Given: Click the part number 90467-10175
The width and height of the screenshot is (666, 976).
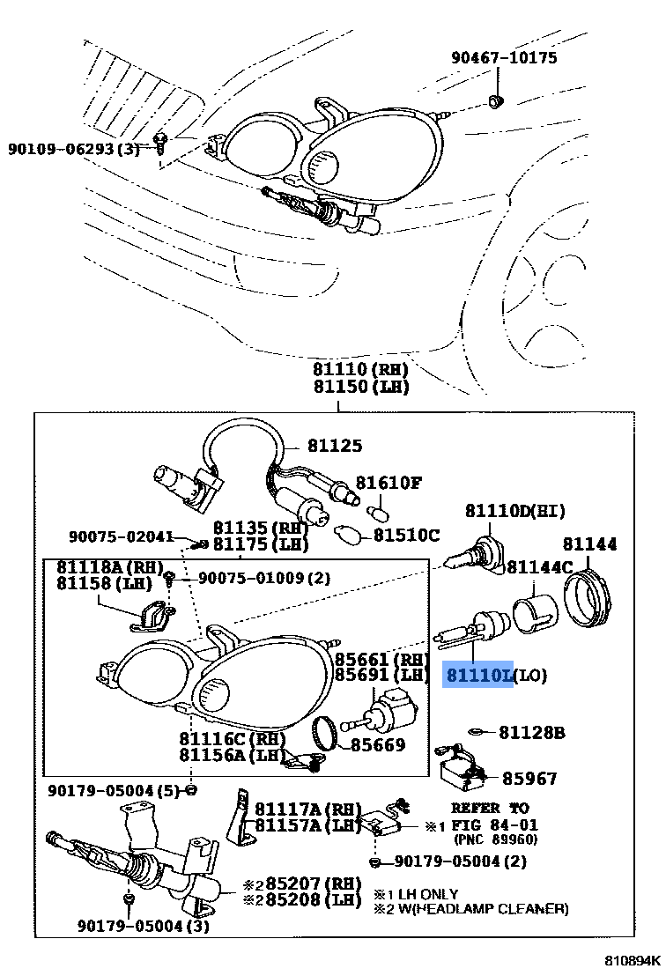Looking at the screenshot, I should coord(504,58).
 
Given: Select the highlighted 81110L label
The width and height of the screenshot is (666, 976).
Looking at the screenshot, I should coord(479,676).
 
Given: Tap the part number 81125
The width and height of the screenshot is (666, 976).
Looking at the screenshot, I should coord(334,446).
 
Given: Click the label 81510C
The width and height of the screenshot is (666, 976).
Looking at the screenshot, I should coord(406,535).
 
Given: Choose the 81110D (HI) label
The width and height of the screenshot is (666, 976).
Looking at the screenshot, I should coord(515,511).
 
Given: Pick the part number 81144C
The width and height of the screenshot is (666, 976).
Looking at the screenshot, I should coord(540,566).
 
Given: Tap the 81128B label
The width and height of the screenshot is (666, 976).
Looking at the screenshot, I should coord(531,732).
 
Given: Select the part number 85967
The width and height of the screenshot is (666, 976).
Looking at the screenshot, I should coord(529,779).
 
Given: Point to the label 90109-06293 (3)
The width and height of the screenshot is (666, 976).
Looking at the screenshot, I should coord(74,149).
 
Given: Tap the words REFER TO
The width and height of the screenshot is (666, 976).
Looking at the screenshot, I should coord(490,807).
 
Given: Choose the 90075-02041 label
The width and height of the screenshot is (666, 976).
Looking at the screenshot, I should coord(121,536).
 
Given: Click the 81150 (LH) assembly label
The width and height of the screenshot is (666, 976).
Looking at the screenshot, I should coord(347,386).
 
